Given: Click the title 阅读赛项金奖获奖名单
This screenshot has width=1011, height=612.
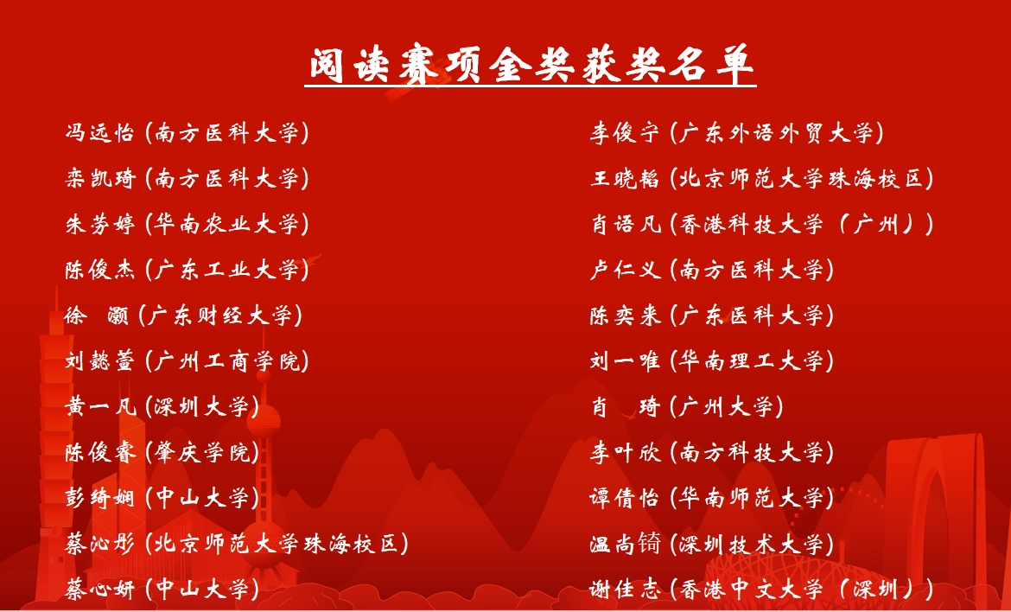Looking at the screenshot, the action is pyautogui.click(x=531, y=65).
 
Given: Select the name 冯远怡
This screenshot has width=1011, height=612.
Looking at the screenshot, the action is pyautogui.click(x=100, y=133).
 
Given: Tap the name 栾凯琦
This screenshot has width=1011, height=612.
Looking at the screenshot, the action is pyautogui.click(x=100, y=179).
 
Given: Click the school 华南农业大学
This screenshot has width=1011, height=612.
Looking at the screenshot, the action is pyautogui.click(x=227, y=224).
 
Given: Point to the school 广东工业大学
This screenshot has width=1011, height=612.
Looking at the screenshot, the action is pyautogui.click(x=227, y=270).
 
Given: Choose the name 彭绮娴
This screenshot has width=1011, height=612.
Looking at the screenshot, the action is pyautogui.click(x=100, y=498).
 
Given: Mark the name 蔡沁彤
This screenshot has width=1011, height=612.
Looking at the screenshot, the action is pyautogui.click(x=100, y=544).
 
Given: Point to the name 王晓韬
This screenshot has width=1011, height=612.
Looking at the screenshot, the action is pyautogui.click(x=625, y=179).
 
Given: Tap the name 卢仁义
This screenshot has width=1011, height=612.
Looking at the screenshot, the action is pyautogui.click(x=625, y=270).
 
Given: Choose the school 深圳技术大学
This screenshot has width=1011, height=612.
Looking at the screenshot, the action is pyautogui.click(x=752, y=544).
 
